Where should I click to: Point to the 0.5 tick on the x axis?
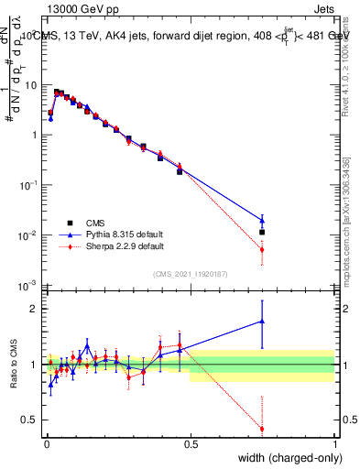[x=190, y=443]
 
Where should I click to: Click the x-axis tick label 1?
[x=335, y=443]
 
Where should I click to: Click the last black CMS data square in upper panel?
[x=262, y=233]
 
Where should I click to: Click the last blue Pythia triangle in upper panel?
[x=262, y=220]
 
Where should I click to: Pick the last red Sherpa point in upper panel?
[x=262, y=249]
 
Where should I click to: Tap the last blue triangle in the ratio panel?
[x=262, y=321]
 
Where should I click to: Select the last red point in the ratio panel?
[x=262, y=429]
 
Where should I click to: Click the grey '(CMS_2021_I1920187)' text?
[x=190, y=273]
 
